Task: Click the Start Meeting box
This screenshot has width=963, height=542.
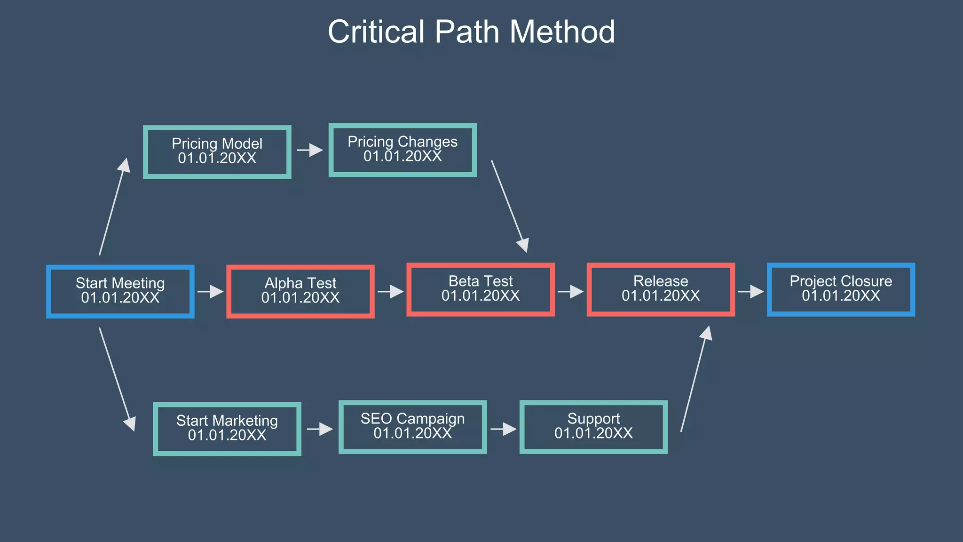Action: click(x=120, y=291)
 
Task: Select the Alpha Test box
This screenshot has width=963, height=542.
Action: click(x=300, y=291)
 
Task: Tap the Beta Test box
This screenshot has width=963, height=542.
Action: click(x=481, y=289)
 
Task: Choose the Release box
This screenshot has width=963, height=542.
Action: click(x=661, y=289)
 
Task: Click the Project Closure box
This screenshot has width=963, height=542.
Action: click(x=841, y=289)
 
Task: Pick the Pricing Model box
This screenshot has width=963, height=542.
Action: click(x=217, y=151)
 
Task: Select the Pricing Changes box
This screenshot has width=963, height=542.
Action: click(x=403, y=150)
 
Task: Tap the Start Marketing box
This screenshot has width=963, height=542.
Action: click(x=227, y=429)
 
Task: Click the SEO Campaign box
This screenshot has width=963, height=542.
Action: click(x=412, y=427)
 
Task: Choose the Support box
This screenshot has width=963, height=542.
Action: click(x=593, y=427)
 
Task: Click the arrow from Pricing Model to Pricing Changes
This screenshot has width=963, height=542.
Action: click(x=310, y=150)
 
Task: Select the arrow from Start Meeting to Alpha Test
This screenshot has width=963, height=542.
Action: click(x=210, y=292)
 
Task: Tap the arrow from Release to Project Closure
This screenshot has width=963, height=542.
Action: click(x=750, y=292)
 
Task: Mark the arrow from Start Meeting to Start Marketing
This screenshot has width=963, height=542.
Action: click(x=117, y=379)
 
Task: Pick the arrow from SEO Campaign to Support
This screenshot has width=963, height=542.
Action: click(x=503, y=429)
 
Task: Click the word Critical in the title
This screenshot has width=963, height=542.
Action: click(x=376, y=32)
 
